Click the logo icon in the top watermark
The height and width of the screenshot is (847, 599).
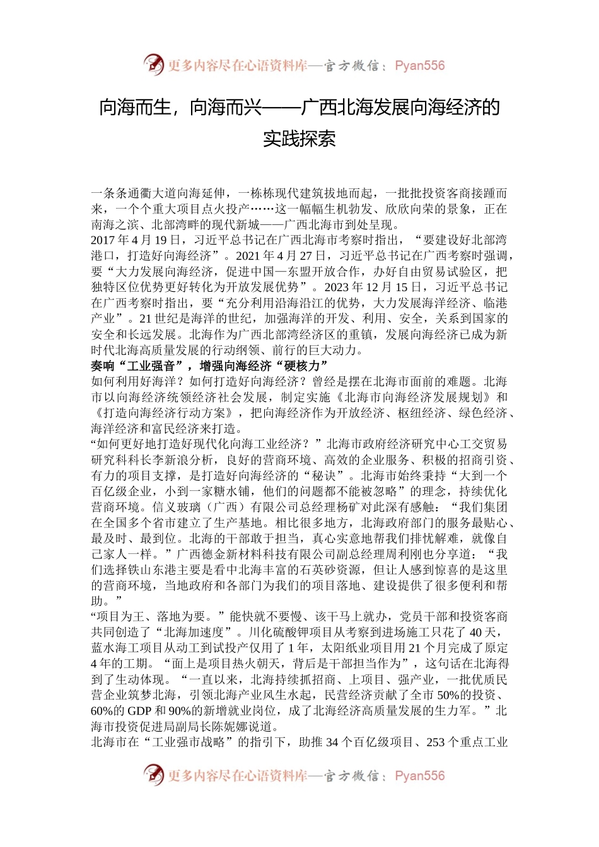click(154, 65)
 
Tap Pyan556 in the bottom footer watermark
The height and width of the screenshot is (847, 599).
click(419, 776)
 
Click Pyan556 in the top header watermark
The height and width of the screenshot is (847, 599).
click(419, 66)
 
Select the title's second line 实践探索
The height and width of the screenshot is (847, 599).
click(299, 139)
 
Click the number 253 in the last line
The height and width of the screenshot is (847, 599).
click(436, 742)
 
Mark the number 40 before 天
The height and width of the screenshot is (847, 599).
click(478, 632)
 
